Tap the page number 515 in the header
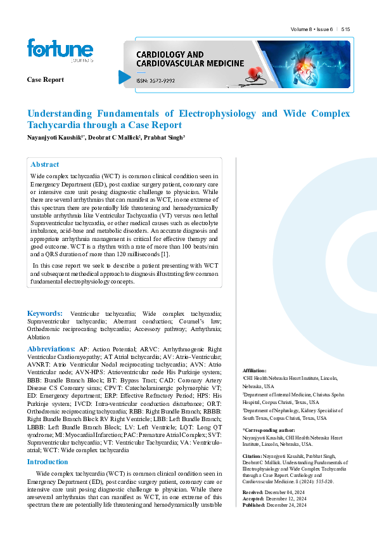(x=345, y=29)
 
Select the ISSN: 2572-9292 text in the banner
(x=155, y=81)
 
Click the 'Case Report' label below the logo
(x=45, y=79)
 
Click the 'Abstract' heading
(x=45, y=164)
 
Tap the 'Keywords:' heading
(x=44, y=314)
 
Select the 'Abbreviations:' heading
(x=51, y=349)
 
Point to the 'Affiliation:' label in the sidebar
(x=255, y=370)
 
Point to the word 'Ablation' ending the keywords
(x=38, y=338)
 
